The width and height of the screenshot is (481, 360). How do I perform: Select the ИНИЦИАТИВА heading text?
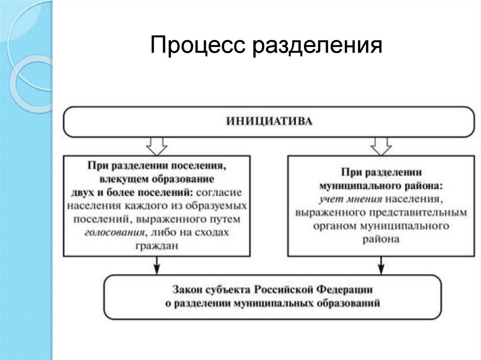pos(269,122)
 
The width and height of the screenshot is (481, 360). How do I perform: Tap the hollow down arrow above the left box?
pos(157,146)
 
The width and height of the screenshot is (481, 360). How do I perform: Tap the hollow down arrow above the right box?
pos(381,146)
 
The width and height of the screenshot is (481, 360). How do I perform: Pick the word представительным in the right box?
pos(418,212)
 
